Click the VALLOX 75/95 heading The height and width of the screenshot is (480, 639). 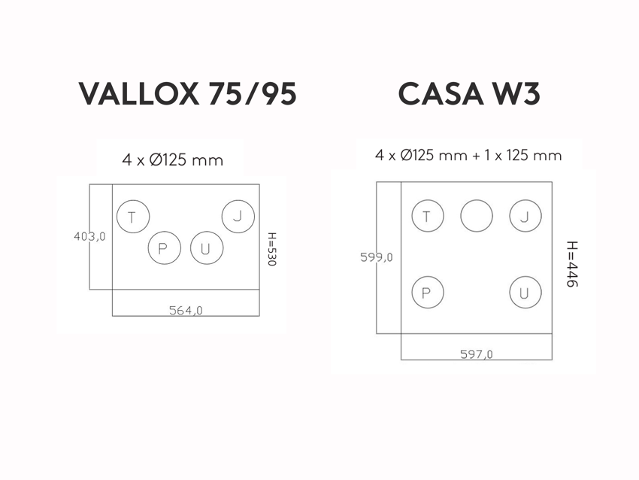tap(187, 94)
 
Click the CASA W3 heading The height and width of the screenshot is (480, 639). tap(469, 94)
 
